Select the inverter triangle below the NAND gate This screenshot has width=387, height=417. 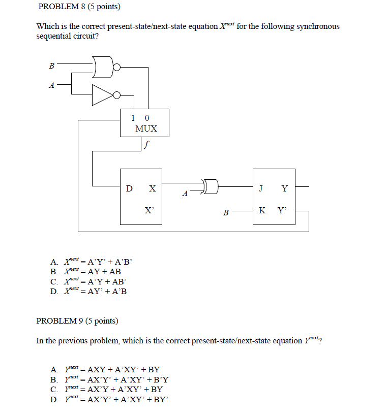point(102,94)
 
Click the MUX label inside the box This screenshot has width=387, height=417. point(146,129)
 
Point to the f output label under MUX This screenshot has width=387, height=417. point(146,144)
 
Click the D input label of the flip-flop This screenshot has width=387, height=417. point(130,188)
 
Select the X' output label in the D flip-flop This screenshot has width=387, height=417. point(150,210)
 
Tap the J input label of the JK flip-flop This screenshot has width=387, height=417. point(261,188)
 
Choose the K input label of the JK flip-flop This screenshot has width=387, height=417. point(261,210)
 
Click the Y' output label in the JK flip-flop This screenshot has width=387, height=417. point(282,210)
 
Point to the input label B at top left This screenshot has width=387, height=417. point(51,65)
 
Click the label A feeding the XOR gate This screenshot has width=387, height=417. point(185,193)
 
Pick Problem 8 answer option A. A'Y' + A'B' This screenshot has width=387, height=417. point(92,262)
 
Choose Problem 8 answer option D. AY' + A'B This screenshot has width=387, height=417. point(88,291)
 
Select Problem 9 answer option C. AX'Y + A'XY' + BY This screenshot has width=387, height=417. point(106,389)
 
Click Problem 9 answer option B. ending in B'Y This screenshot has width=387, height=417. point(109,379)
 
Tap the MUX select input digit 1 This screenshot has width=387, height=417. point(133,118)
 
